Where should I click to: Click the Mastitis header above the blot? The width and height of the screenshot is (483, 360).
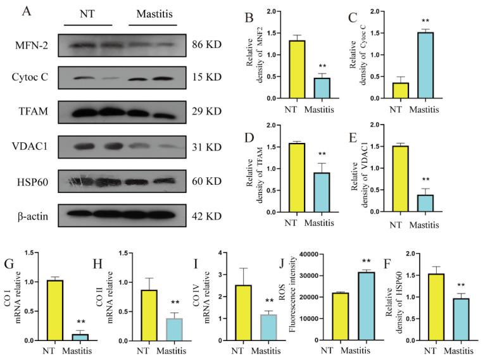[x=155, y=13]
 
